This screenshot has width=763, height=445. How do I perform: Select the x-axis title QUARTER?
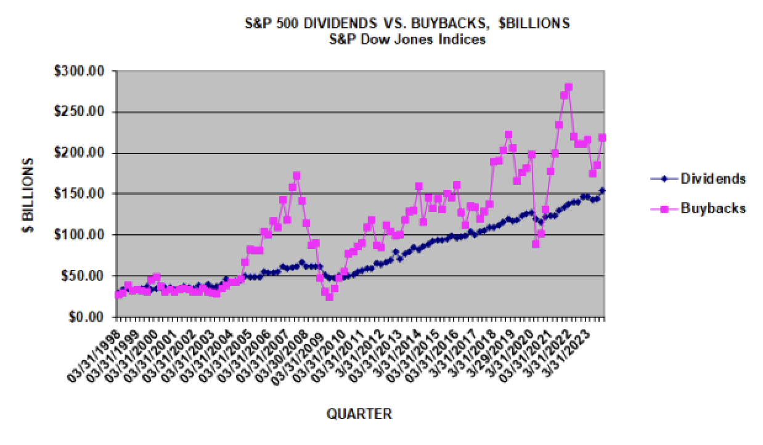click(359, 414)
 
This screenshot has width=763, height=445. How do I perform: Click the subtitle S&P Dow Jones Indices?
click(407, 39)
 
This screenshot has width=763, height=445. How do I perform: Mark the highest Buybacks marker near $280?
click(568, 87)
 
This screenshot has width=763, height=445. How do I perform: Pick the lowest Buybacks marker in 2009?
click(330, 296)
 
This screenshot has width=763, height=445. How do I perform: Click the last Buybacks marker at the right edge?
click(602, 137)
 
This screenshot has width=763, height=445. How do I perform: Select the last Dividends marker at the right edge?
click(602, 190)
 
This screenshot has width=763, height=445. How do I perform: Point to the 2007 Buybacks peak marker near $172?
click(296, 176)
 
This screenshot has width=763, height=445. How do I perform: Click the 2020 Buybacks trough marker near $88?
click(536, 244)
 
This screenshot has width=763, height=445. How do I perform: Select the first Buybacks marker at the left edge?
click(118, 295)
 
